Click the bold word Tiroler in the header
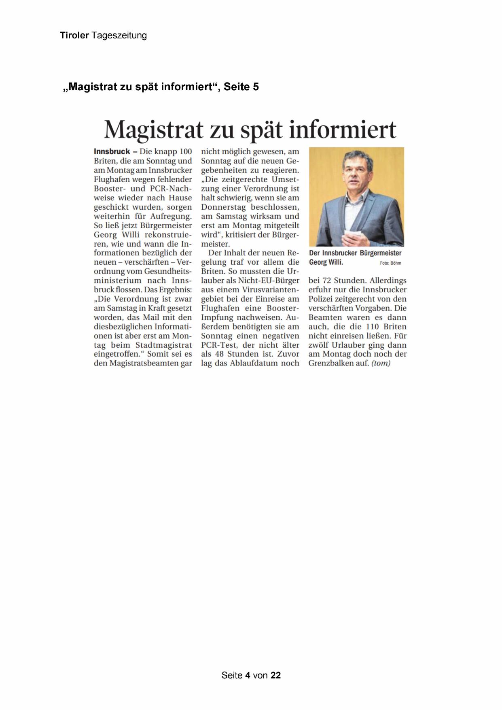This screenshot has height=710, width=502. pos(74,36)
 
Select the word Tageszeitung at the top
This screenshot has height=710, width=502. pos(119,36)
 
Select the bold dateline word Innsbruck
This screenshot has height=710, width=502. pos(112,151)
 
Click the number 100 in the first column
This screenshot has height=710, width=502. pos(185,151)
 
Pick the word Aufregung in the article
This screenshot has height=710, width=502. pos(171,216)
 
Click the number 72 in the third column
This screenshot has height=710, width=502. pos(328,281)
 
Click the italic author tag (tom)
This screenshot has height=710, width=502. pos(381,363)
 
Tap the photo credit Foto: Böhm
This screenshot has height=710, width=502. pos(390,263)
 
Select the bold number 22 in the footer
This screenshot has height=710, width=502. pos(275,675)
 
